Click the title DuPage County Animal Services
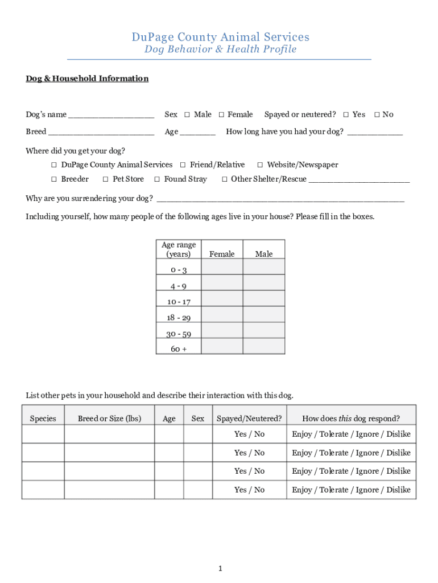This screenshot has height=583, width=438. (221, 37)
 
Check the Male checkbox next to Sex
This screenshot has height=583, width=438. (187, 115)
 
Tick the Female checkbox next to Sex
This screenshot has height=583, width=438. (222, 115)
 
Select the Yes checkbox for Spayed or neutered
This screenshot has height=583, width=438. (346, 115)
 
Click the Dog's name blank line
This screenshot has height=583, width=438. (111, 116)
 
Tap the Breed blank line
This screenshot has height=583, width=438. (101, 133)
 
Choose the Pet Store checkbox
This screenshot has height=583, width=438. (106, 179)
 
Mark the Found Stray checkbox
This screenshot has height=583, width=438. (157, 179)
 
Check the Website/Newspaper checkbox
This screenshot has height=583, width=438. (260, 165)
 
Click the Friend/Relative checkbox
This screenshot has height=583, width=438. (183, 165)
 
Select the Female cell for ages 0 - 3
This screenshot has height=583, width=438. (222, 268)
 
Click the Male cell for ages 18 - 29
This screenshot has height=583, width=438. (264, 314)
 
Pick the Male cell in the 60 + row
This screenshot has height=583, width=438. (264, 346)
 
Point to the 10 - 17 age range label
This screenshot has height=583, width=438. (179, 302)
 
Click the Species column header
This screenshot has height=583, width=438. (43, 418)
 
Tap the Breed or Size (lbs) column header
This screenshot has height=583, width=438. (109, 418)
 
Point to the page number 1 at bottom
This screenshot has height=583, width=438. (220, 569)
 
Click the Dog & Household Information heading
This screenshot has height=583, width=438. (87, 79)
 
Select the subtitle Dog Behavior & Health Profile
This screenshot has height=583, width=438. (220, 50)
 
